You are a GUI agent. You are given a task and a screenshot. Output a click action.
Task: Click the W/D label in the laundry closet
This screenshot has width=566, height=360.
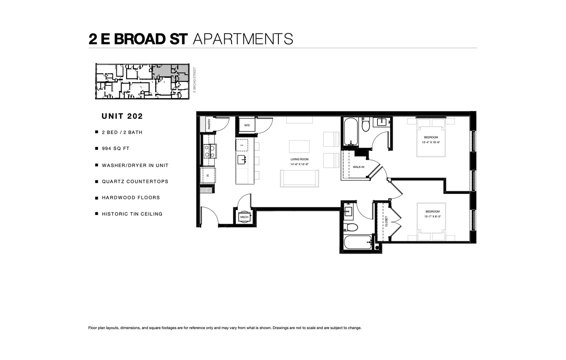coord(247,125)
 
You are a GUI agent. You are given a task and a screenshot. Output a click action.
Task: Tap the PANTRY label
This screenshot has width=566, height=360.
coord(209,124)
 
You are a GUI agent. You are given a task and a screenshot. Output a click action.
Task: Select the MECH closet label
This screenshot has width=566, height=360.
coord(244,217)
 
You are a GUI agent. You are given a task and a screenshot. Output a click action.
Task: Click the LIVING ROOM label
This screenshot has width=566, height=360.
coord(299,159)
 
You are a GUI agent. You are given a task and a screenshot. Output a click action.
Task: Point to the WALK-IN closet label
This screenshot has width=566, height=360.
coord(358,167)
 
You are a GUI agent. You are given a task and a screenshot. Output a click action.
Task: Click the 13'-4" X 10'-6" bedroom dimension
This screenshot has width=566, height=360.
coord(431,142)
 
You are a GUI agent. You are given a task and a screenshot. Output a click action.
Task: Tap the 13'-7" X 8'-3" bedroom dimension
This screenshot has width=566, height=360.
coord(433,216)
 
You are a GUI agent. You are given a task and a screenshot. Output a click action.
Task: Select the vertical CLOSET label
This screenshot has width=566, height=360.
coord(386,221)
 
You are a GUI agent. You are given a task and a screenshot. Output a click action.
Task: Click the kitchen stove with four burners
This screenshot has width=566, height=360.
coord(210,151)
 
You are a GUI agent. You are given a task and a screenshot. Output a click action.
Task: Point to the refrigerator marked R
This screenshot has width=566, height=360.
coord(208,175)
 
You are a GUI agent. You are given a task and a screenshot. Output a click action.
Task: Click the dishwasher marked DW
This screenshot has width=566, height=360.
coord(242,145)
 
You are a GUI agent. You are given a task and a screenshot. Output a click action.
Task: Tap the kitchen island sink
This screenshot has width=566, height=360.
coord(242,160)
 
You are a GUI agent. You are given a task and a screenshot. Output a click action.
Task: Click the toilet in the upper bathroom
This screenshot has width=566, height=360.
coord(365,124)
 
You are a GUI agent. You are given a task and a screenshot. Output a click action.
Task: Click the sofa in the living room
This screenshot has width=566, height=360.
coord(299,178)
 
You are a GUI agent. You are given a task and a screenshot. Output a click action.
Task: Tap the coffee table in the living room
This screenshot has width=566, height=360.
coord(299,147)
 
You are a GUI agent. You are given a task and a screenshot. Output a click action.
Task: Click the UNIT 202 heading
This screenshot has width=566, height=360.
coord(122,116)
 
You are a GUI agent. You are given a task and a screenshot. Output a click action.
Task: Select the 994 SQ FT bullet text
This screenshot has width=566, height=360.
coord(116,148)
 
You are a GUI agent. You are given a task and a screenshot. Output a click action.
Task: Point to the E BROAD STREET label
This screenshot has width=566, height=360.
coord(194,80)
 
